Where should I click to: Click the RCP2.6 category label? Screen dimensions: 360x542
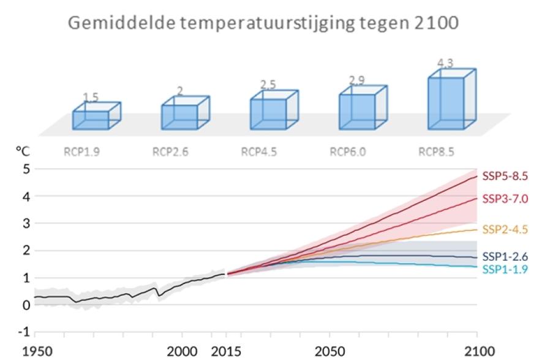[171, 152]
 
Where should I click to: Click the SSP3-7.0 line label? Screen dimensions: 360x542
[504, 199]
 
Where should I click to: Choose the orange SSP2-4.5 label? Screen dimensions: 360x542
[504, 230]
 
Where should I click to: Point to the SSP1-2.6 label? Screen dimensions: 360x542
[504, 257]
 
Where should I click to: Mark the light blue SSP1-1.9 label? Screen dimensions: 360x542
[504, 269]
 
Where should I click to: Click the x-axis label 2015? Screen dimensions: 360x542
[225, 353]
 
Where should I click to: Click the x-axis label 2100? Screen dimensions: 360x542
[476, 353]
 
